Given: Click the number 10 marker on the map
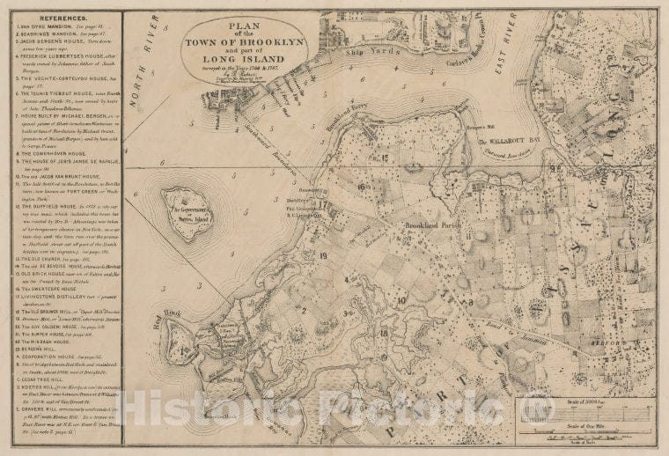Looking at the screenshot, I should [x=401, y=299].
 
